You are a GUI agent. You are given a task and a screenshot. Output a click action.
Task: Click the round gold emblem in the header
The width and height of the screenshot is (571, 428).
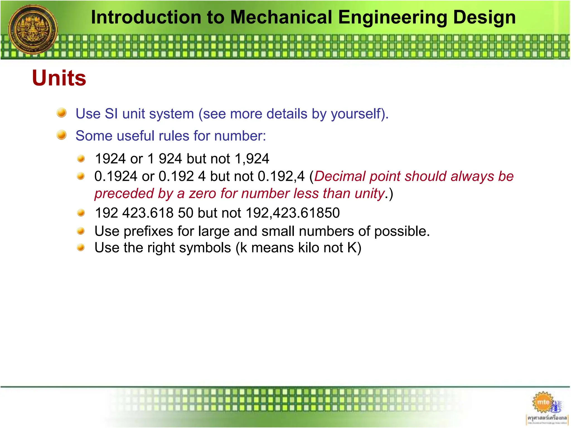click(33, 29)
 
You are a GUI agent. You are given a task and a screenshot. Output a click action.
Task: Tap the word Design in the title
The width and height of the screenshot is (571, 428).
click(484, 17)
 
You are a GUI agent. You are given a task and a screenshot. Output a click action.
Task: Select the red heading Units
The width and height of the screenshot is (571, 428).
click(59, 78)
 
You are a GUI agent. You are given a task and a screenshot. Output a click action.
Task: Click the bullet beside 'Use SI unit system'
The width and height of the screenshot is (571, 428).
click(61, 113)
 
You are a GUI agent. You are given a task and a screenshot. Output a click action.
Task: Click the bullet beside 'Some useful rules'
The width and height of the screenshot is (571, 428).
click(61, 135)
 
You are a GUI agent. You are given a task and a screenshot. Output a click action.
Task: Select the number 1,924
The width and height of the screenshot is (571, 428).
click(252, 159)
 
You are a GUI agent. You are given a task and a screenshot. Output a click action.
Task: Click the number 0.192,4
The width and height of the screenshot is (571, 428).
click(281, 176)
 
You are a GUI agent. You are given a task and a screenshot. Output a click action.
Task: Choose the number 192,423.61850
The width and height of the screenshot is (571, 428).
click(293, 213)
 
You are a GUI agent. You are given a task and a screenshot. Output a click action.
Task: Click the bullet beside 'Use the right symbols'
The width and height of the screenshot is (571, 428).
click(81, 247)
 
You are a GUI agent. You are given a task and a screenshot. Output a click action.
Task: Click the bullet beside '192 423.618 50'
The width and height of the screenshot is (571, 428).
click(81, 213)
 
